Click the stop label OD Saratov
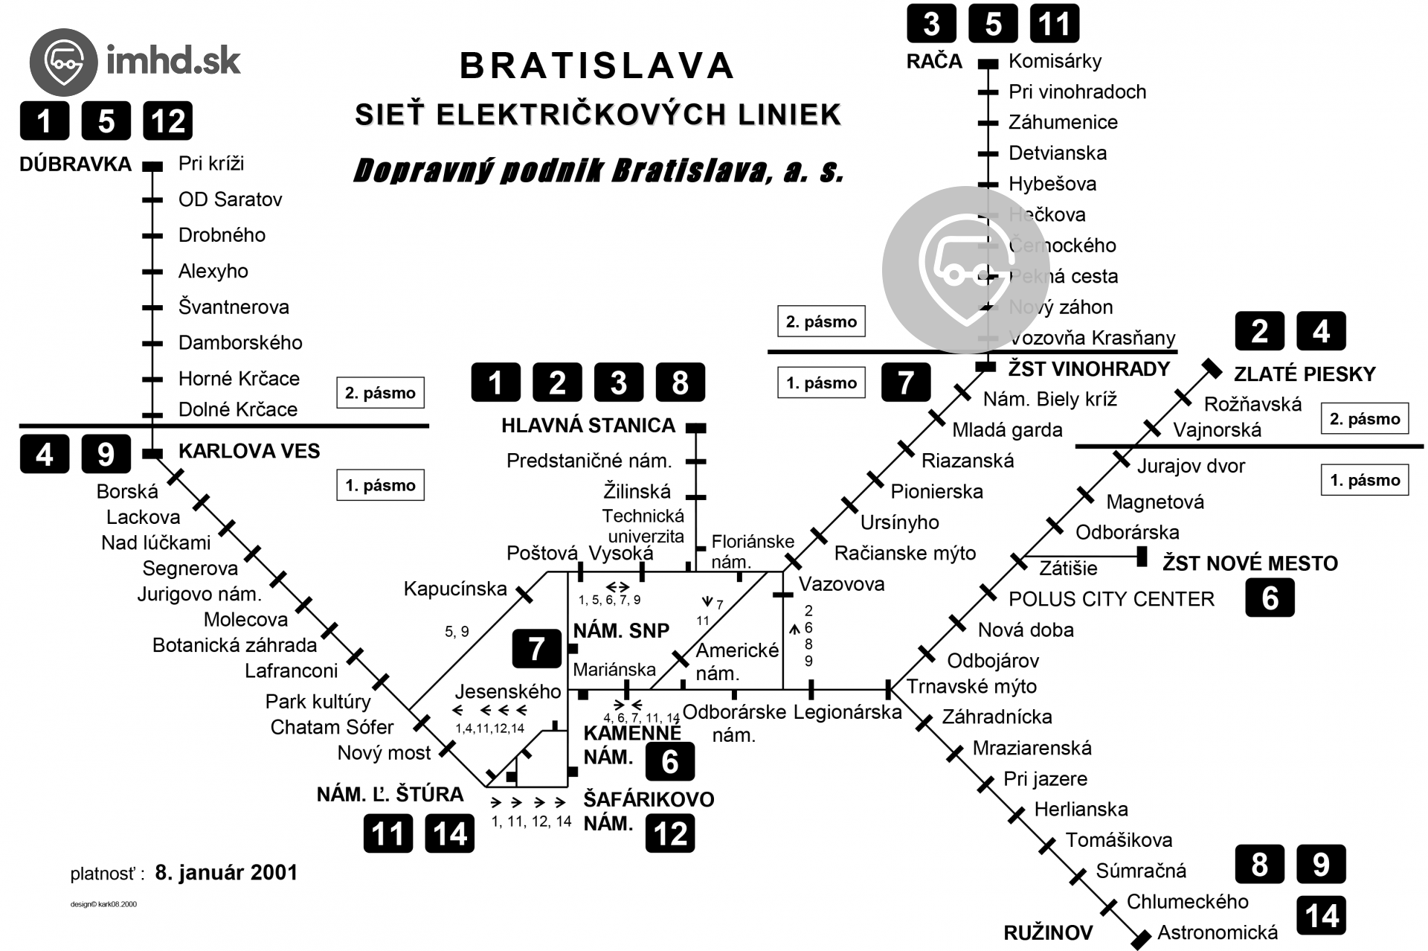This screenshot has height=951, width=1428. (230, 199)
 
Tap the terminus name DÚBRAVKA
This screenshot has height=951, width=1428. (75, 164)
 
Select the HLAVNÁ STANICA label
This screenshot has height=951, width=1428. (588, 426)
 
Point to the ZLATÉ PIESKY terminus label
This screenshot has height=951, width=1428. (1305, 374)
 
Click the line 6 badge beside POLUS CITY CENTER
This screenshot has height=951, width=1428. (1270, 598)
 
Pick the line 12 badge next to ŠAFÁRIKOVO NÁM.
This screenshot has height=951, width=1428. (670, 833)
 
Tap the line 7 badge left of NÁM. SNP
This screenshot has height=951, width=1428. (536, 649)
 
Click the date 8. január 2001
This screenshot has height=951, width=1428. (226, 872)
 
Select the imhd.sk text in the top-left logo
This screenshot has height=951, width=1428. (173, 60)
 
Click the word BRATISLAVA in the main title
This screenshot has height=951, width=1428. (597, 65)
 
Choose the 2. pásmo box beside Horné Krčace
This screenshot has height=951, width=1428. (380, 393)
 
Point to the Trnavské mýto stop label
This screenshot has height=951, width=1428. (971, 686)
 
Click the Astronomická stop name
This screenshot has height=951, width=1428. (1218, 932)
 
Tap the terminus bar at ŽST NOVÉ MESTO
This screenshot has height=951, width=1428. (1142, 556)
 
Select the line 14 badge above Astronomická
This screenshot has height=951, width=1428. (1321, 915)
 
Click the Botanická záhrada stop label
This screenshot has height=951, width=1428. (234, 645)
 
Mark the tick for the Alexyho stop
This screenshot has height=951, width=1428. (152, 272)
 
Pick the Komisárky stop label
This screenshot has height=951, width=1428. (1055, 61)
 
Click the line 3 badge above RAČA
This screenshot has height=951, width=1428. (931, 24)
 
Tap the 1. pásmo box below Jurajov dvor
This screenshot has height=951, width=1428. (1364, 480)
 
